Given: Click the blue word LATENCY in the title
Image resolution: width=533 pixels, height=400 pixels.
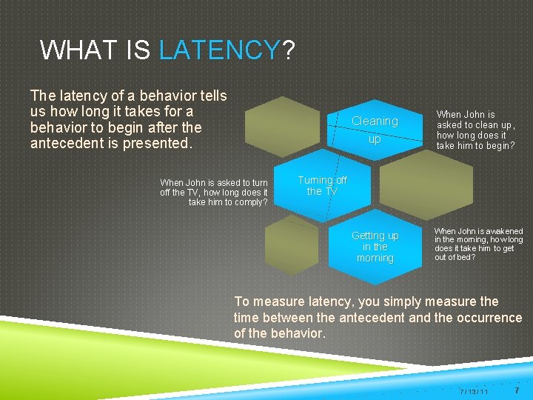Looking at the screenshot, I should (x=219, y=50).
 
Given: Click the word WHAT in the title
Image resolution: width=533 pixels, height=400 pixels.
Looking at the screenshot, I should (x=72, y=50).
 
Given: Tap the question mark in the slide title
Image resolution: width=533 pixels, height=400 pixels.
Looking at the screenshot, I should (x=288, y=50).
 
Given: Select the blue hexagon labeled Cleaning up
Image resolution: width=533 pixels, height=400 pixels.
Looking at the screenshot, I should (x=375, y=129).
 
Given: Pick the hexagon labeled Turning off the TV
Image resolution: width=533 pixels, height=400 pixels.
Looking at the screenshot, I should (x=322, y=186).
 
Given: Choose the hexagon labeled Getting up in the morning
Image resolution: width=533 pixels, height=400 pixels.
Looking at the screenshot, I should (x=375, y=247).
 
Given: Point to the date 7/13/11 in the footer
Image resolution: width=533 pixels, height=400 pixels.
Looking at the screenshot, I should (x=474, y=390).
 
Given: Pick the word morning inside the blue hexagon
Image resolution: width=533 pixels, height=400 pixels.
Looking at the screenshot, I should (x=375, y=258).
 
